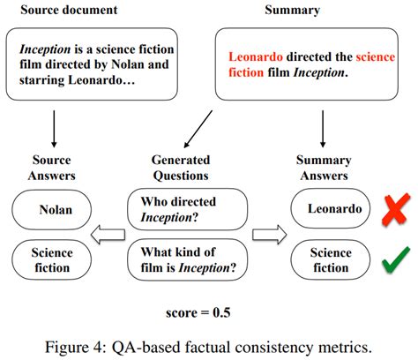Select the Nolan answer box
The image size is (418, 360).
[x=56, y=210]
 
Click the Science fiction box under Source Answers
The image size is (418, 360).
[x=56, y=259]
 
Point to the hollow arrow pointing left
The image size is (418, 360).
[x=110, y=235]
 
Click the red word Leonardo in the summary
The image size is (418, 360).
[x=258, y=56]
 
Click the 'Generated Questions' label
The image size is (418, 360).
[x=182, y=167]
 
